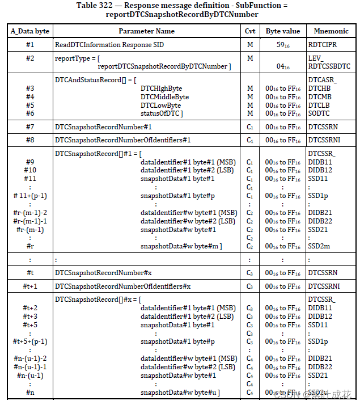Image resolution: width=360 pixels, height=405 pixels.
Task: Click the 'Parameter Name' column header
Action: coord(146,31)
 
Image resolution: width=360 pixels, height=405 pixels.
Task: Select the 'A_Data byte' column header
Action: coord(30,31)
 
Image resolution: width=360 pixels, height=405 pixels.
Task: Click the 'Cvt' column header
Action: coord(250,31)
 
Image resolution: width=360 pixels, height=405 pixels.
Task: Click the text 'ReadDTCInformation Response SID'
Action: coord(109,44)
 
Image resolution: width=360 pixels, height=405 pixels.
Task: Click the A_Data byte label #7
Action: coord(30,126)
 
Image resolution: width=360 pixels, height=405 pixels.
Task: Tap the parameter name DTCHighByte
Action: coord(162,88)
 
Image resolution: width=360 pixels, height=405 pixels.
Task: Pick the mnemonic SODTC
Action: coord(319,114)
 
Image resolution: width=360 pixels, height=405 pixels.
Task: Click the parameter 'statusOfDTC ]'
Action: coord(162,114)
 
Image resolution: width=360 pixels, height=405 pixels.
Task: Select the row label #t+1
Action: coord(30,286)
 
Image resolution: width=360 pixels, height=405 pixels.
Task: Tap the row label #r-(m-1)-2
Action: coord(30,212)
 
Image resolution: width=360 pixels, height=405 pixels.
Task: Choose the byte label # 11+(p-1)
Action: coord(30,196)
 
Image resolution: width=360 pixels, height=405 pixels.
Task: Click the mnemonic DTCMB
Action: coord(319,97)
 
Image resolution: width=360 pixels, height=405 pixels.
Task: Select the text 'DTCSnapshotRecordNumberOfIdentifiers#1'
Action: coord(123,140)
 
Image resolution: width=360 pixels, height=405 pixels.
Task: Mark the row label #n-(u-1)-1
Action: coord(30,367)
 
